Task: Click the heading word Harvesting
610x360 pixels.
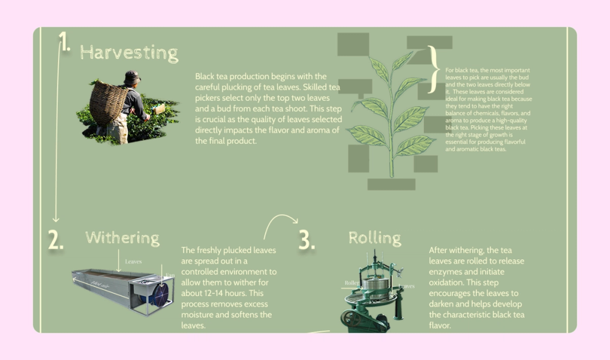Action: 129,52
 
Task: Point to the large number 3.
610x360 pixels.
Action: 307,240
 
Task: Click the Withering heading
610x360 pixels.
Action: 122,237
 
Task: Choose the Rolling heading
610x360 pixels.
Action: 375,237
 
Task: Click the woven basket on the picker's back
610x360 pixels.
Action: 108,103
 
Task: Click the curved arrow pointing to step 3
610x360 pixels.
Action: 281,223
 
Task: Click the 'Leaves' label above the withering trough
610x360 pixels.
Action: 133,262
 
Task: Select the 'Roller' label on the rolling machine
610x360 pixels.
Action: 352,283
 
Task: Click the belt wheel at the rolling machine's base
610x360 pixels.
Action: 350,319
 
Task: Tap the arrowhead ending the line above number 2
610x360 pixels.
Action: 56,219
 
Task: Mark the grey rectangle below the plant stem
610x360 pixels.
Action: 391,184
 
